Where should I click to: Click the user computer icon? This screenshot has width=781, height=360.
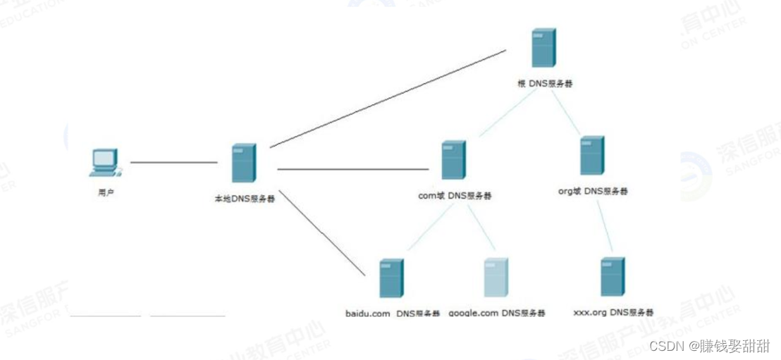(104, 163)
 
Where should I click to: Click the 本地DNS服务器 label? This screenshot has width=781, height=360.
(245, 199)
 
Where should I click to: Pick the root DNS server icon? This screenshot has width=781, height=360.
(543, 48)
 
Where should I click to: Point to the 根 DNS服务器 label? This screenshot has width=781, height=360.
(545, 83)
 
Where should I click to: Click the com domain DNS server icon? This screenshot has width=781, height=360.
(453, 160)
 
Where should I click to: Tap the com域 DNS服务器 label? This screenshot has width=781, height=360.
(455, 196)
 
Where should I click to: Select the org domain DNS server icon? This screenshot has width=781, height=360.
(592, 156)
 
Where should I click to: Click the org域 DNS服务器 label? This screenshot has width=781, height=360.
(593, 191)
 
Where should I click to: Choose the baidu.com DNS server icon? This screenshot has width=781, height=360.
(391, 278)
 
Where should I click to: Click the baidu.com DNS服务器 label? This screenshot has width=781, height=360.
(393, 314)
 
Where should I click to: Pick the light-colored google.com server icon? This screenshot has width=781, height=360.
(496, 278)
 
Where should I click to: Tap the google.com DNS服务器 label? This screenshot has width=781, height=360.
(496, 314)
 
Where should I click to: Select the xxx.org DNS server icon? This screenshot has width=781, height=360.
(613, 277)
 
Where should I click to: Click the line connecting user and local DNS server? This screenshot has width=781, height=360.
(173, 162)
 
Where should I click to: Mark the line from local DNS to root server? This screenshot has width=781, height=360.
(388, 99)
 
